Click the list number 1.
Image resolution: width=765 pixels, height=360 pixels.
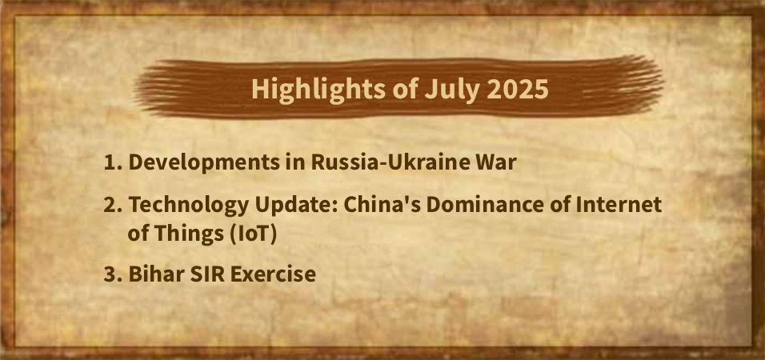pyautogui.click(x=112, y=163)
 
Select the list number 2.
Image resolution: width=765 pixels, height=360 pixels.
pyautogui.click(x=113, y=206)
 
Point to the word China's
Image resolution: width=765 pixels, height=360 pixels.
pyautogui.click(x=382, y=205)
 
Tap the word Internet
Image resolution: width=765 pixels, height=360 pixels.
pyautogui.click(x=619, y=205)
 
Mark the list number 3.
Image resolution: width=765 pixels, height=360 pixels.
pyautogui.click(x=113, y=274)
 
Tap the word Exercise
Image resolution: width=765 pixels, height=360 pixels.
pyautogui.click(x=273, y=274)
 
